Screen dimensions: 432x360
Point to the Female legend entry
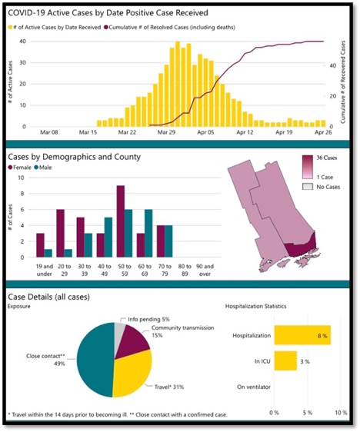[x=21, y=168]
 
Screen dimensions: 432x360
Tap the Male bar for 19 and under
[x=48, y=253]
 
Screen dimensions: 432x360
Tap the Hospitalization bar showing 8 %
[x=302, y=335]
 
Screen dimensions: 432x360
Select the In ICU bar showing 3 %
[x=285, y=360]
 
